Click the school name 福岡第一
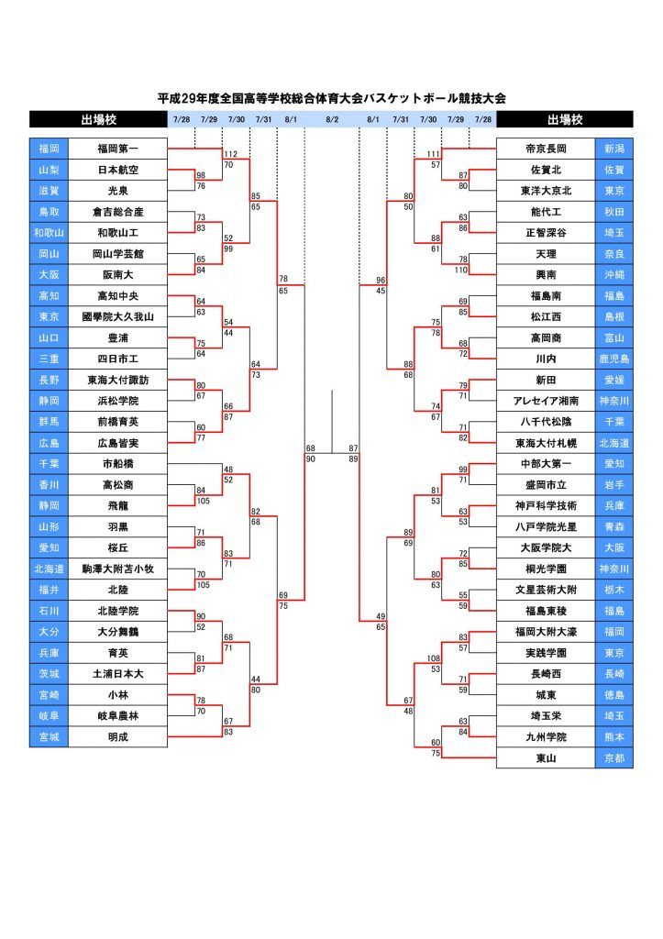point(118,149)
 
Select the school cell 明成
point(118,736)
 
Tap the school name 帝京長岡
point(547,149)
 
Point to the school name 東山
point(547,758)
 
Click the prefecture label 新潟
point(613,149)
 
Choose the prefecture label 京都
point(613,758)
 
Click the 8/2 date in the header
point(332,119)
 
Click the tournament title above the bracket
point(332,98)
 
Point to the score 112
point(230,154)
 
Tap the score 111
point(433,154)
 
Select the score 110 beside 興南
point(460,271)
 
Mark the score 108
point(433,658)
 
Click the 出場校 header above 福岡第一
point(99,119)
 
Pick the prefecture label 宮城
point(50,736)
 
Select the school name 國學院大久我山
point(118,316)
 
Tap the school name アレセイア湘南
point(547,401)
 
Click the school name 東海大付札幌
point(547,443)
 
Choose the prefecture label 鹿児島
point(613,359)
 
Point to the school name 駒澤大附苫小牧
point(118,569)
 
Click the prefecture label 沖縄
point(613,275)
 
